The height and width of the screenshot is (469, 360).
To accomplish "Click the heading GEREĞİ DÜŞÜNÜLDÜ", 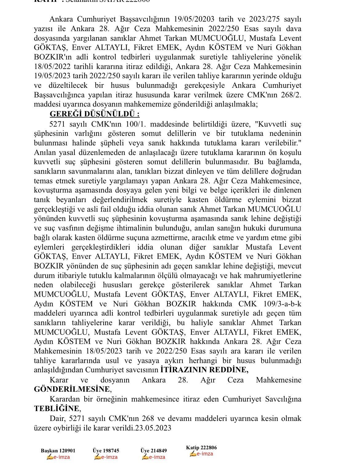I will pos(94,114).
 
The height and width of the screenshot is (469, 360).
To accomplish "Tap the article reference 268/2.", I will pos(291,95).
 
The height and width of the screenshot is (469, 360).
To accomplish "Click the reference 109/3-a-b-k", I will pos(282,304).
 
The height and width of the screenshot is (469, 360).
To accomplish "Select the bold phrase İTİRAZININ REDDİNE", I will pos(204,370).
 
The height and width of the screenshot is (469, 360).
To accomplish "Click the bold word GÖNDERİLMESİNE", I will pos(71,389).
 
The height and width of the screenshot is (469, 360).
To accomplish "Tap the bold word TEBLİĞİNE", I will pos(57,409).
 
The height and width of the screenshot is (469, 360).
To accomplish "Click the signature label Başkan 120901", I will pos(58,451).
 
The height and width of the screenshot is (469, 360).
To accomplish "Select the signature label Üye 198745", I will pos(106,451).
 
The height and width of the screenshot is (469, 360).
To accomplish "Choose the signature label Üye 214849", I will pos(154,451).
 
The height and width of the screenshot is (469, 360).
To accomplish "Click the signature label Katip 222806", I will pos(201,448).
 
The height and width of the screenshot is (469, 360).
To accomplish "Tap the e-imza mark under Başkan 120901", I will pos(58,457).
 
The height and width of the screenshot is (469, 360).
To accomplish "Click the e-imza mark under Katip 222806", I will pos(201,454).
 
